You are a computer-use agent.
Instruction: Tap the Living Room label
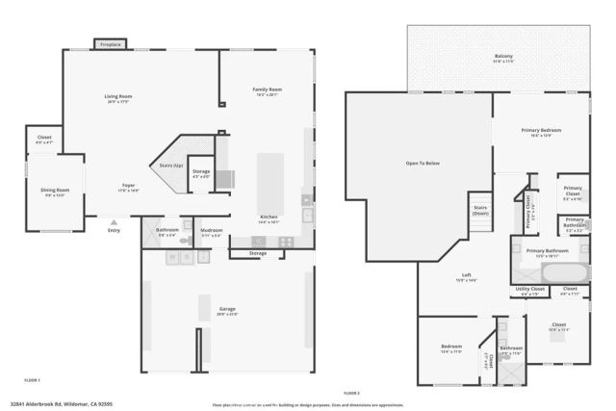[x=118, y=97]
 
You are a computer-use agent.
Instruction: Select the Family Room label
[x=266, y=91]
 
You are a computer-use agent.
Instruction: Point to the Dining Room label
[x=56, y=191]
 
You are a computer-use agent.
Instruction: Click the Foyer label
[x=128, y=186]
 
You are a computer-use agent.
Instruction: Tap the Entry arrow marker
[x=114, y=223]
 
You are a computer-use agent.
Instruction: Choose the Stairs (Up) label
[x=171, y=166]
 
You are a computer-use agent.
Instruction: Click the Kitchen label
[x=269, y=218]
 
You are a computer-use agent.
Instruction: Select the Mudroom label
[x=212, y=230]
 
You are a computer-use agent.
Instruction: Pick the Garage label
[x=227, y=309]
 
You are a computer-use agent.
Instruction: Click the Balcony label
[x=503, y=57]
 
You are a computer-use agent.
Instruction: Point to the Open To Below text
[x=422, y=163]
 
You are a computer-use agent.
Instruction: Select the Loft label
[x=466, y=276]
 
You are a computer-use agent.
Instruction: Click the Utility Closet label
[x=530, y=289]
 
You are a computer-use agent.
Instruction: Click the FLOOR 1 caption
[x=33, y=381]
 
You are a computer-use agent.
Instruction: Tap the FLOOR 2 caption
[x=351, y=393]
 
